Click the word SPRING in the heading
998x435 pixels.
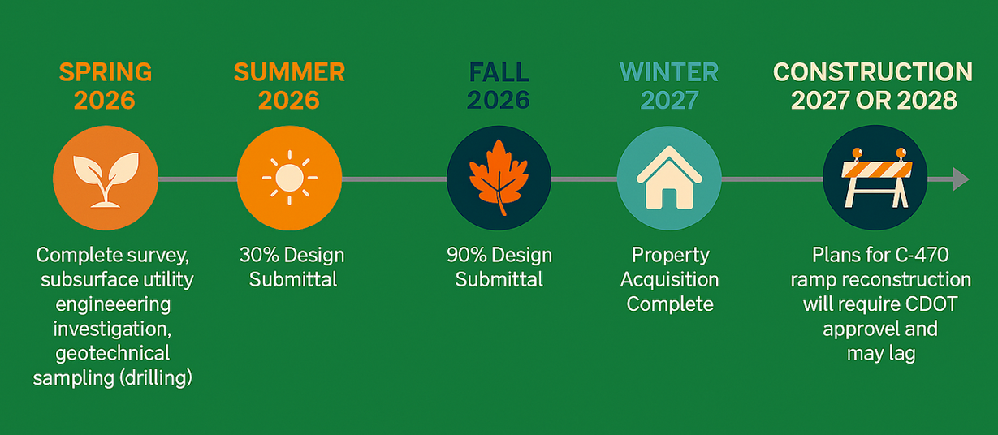click(106, 72)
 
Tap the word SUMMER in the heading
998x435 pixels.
click(290, 72)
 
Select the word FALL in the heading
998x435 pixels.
click(499, 72)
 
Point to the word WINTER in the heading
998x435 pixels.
click(669, 72)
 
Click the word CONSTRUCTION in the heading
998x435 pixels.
click(873, 72)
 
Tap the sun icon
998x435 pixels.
click(290, 178)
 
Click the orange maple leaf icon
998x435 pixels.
click(499, 178)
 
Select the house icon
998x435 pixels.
click(669, 178)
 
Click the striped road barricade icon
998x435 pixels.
click(876, 178)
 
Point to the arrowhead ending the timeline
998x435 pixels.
click(961, 179)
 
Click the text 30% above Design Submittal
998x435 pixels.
click(257, 256)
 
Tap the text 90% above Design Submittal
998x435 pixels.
click(464, 256)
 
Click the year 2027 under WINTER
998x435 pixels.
click(669, 100)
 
